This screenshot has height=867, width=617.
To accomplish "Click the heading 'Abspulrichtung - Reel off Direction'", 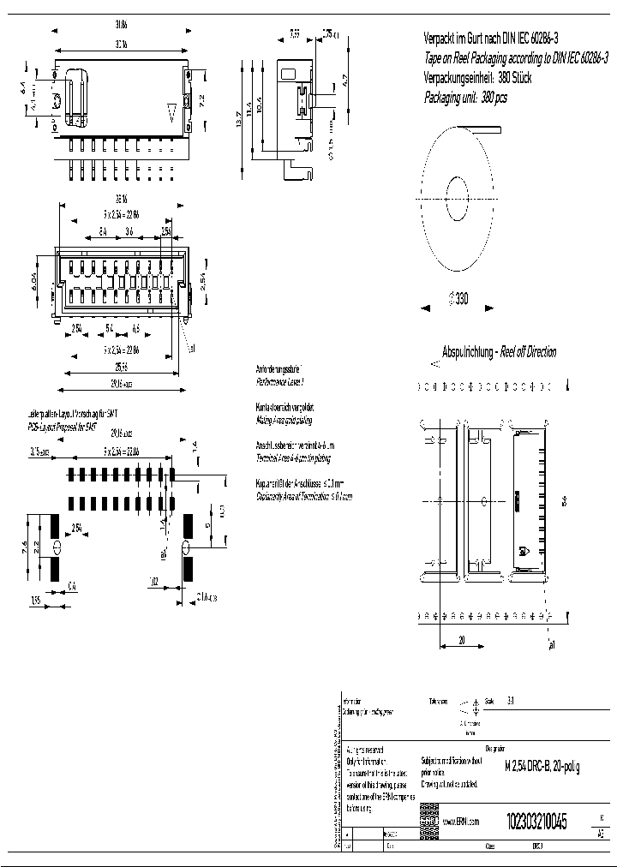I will (498, 352).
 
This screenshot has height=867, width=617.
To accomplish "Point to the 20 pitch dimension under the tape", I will (461, 639).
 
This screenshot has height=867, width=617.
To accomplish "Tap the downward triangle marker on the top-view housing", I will (172, 112).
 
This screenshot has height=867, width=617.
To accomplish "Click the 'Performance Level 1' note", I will (280, 378).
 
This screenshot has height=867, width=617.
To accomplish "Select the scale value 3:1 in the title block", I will (512, 700).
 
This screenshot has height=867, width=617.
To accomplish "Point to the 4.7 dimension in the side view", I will (344, 83).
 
